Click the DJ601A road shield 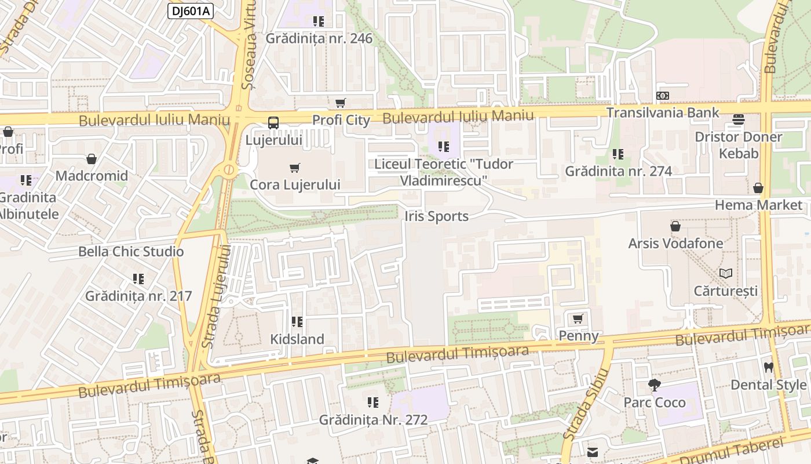[x=191, y=10]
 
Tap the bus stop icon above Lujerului [x=273, y=122]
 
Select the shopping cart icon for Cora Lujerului [x=295, y=168]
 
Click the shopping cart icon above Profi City [x=341, y=103]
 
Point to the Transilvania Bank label [x=663, y=113]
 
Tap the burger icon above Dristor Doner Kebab [x=739, y=119]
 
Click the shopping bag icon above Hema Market [x=758, y=188]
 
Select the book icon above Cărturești [x=726, y=273]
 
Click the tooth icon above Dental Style [x=769, y=367]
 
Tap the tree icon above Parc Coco [x=655, y=385]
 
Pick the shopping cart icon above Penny [x=578, y=318]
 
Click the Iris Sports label [x=436, y=216]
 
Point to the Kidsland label [x=297, y=339]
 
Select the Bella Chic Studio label [x=131, y=252]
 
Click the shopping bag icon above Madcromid [x=92, y=159]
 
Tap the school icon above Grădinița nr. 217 [x=138, y=279]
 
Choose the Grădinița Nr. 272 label [x=373, y=419]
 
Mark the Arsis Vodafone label [x=675, y=243]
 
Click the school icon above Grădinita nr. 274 [x=618, y=154]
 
